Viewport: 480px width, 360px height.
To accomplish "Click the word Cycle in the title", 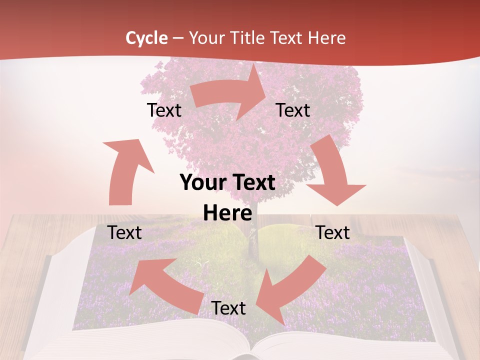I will click(x=146, y=38).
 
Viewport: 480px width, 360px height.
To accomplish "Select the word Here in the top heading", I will click(x=325, y=38).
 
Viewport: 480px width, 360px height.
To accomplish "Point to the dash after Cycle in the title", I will click(x=178, y=38).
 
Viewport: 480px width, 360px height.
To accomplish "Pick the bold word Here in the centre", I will click(x=227, y=213).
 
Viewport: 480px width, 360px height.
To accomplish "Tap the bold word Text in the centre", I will click(x=253, y=183).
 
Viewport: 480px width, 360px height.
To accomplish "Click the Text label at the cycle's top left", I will click(x=164, y=110).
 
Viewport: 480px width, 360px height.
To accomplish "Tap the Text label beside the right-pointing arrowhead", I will click(x=293, y=110).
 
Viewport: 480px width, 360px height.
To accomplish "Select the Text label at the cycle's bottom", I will click(x=228, y=308).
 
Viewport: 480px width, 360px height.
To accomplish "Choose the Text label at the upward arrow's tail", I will click(x=124, y=232).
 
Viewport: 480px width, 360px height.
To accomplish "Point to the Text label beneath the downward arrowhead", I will click(x=333, y=232).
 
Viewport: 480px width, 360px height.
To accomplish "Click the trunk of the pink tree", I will click(x=253, y=235).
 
